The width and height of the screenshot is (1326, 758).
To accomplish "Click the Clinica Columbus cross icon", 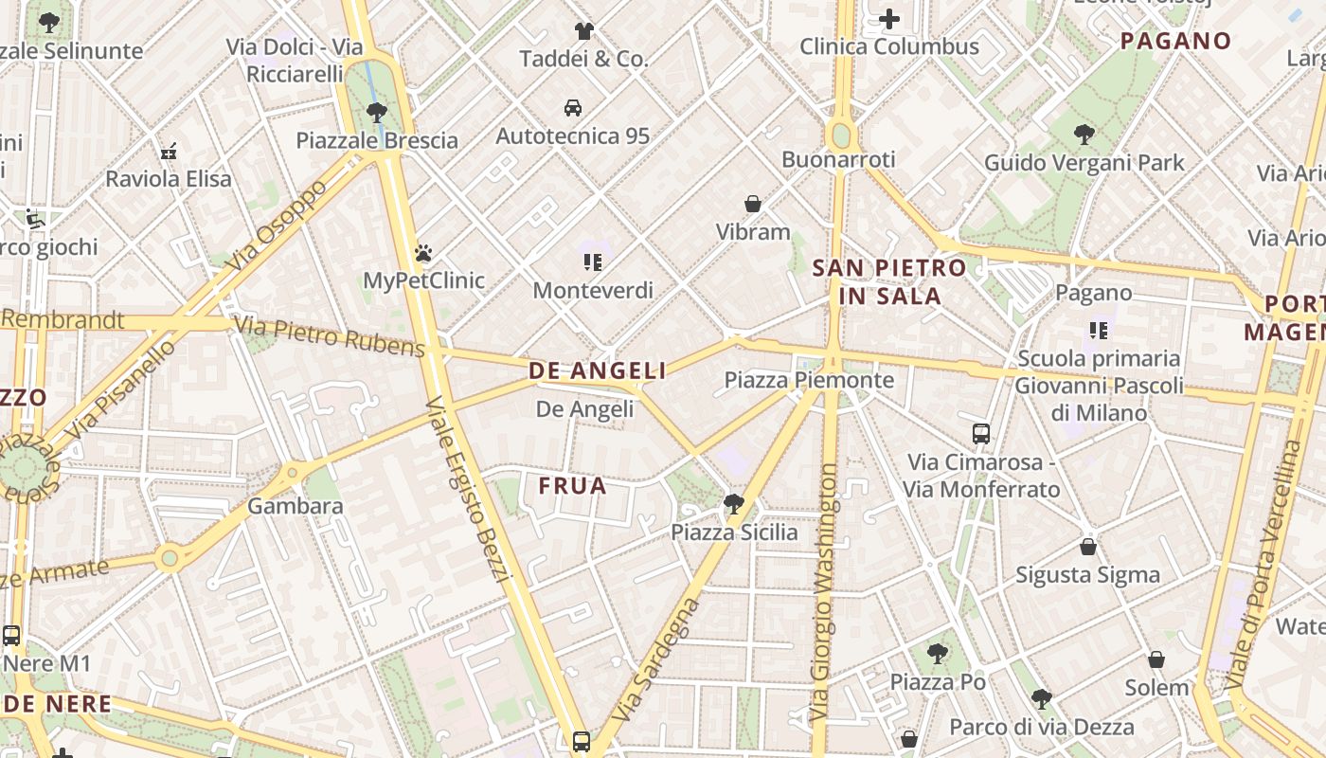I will point(888,18).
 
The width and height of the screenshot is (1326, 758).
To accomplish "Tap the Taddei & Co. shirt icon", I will point(583,31).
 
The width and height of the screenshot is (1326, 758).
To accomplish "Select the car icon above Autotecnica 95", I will point(573,108).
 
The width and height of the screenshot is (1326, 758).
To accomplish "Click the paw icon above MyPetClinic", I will point(423,253).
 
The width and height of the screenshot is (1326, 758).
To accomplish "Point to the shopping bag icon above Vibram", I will point(753,204).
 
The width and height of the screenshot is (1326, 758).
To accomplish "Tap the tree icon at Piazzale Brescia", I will point(377,113).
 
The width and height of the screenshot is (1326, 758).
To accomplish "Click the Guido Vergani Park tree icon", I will point(1084,135).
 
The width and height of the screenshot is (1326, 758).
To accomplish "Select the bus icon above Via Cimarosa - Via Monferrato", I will point(981,434).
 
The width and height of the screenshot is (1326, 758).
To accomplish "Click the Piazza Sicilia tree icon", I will point(733,503).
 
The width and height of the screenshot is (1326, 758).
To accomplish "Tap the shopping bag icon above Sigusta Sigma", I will point(1088,547).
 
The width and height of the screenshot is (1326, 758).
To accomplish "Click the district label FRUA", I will point(572,486).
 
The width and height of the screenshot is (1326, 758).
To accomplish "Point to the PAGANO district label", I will point(1175,41).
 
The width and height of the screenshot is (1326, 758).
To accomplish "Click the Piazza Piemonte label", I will point(809,380).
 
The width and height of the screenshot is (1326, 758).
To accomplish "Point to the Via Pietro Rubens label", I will point(329,337).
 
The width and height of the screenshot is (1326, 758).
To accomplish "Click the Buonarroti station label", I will point(838,160).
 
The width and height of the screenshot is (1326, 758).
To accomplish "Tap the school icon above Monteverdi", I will point(593,262).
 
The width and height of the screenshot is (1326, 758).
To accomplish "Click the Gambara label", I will point(296,506).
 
